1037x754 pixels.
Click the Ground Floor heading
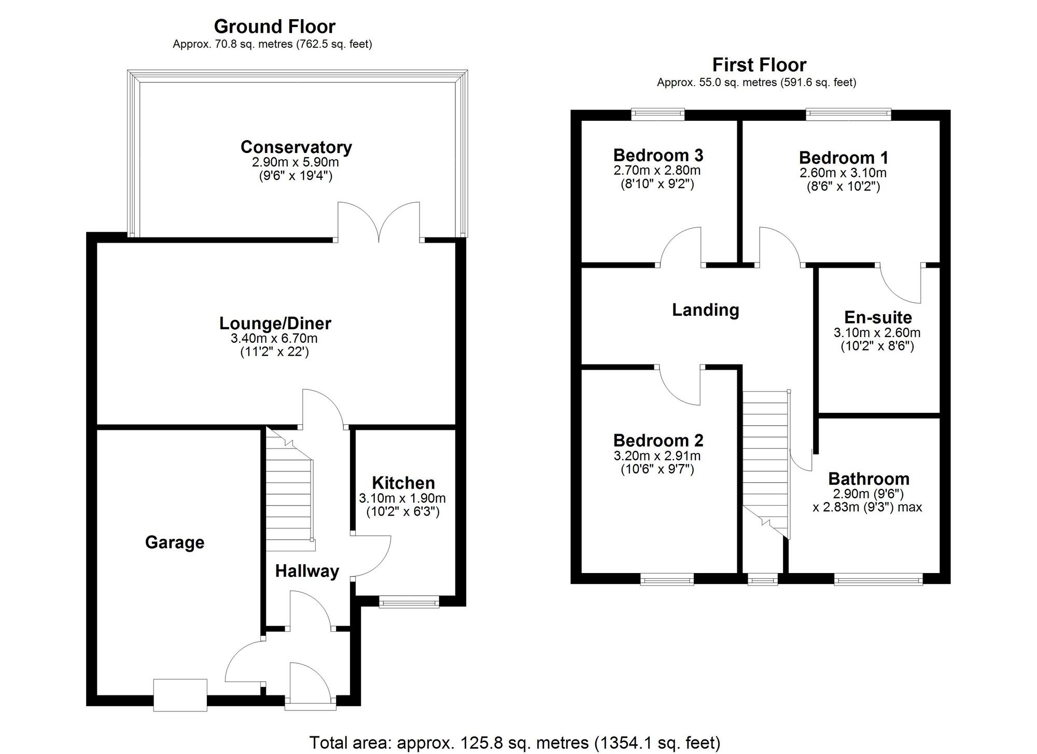pos(274,26)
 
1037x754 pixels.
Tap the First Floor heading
pos(759,65)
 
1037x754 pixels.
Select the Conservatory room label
pos(296,147)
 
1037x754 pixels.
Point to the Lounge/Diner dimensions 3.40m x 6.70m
pos(274,339)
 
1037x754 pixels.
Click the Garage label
pos(175,542)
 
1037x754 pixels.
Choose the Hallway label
pos(307,571)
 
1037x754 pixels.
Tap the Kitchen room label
pos(403,483)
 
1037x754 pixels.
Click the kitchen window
pos(409,602)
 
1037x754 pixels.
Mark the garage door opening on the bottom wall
pos(180,695)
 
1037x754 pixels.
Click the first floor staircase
pos(765,464)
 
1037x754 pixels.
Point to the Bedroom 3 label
pos(658,155)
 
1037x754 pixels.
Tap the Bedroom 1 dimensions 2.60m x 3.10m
pos(843,173)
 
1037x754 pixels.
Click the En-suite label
pos(878,317)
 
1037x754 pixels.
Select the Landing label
pos(705,310)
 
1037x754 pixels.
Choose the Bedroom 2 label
pos(658,440)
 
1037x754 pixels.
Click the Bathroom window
pos(878,579)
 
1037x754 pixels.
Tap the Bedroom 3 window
pos(658,114)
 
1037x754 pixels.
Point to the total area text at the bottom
pos(515,743)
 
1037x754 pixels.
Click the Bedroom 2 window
pos(667,579)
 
